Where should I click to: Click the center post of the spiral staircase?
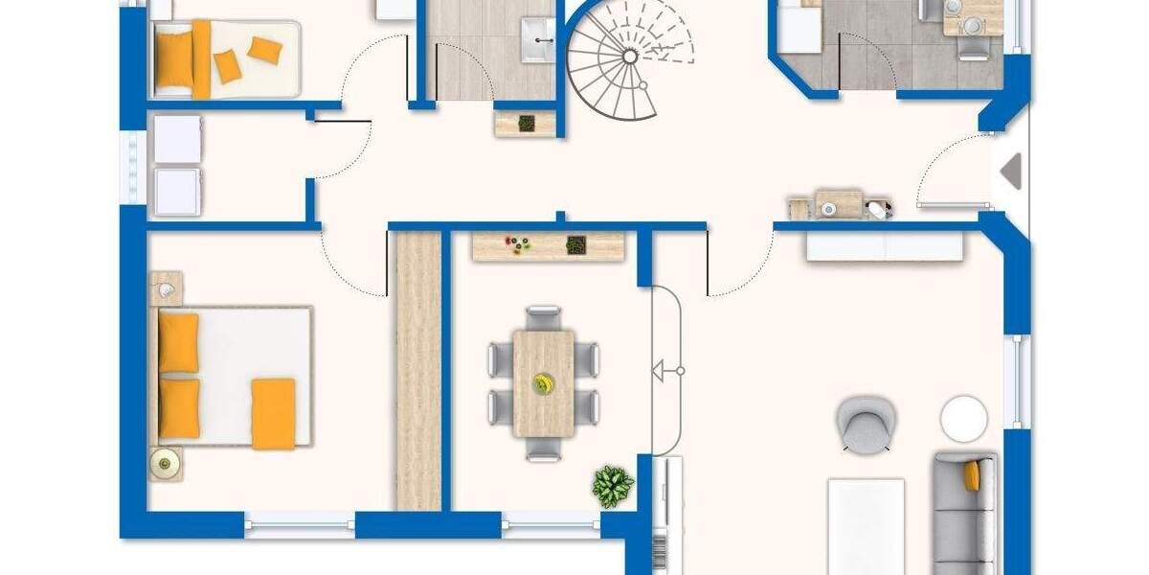(629, 56)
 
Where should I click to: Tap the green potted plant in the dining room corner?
(612, 485)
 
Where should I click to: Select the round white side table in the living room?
(963, 419)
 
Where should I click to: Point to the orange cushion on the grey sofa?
(972, 475)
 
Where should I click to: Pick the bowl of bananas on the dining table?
(544, 383)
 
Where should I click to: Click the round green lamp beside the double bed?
(166, 464)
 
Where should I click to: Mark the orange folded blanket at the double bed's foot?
(273, 413)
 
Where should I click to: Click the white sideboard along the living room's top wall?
(884, 246)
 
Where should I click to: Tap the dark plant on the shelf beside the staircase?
(526, 123)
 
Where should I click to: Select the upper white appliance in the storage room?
(178, 139)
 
